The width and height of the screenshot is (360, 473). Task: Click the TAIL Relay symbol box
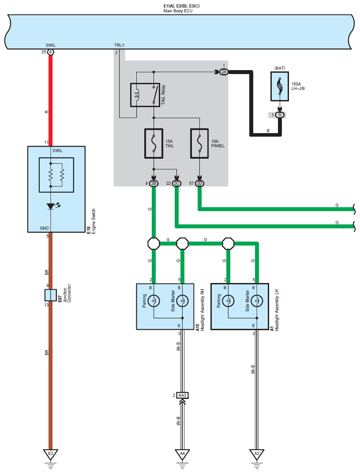(x=145, y=95)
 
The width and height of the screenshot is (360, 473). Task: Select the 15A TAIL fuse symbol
(x=154, y=144)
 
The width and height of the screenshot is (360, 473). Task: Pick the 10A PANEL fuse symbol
(x=199, y=144)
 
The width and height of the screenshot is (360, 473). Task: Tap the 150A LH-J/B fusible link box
(x=280, y=86)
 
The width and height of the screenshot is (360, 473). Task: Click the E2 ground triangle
(x=50, y=454)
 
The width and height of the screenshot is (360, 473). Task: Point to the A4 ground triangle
(x=182, y=454)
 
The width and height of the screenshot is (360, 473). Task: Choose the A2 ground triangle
(x=257, y=454)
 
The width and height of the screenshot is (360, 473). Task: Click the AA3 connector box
(x=182, y=395)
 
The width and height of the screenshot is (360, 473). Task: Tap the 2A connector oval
(x=224, y=72)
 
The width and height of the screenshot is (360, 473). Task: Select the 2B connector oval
(x=154, y=183)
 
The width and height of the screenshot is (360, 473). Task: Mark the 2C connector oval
(x=176, y=183)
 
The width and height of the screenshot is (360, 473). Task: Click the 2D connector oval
(x=199, y=183)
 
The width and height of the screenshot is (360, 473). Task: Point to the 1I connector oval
(x=280, y=115)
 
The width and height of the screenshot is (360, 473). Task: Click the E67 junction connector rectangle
(x=51, y=295)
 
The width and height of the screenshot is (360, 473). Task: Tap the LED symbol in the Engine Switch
(x=51, y=206)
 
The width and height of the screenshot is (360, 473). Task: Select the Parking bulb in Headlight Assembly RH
(x=154, y=301)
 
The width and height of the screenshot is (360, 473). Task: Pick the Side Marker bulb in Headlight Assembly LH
(x=257, y=301)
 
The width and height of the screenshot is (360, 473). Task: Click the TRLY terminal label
(x=119, y=45)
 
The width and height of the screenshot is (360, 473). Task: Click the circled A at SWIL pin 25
(x=51, y=52)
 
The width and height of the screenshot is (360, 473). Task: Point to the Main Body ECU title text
(x=178, y=11)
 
